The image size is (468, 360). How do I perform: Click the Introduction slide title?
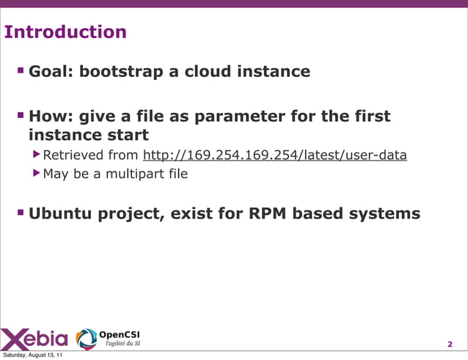point(65,32)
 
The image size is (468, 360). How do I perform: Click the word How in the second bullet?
point(48,117)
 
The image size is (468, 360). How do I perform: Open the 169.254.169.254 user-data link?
point(274,155)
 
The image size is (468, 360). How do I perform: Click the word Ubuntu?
point(63,214)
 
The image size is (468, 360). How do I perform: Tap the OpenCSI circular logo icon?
point(86,338)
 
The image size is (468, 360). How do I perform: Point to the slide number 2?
point(450,345)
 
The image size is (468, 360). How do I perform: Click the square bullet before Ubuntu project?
point(21,213)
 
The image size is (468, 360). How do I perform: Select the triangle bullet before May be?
point(37,175)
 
